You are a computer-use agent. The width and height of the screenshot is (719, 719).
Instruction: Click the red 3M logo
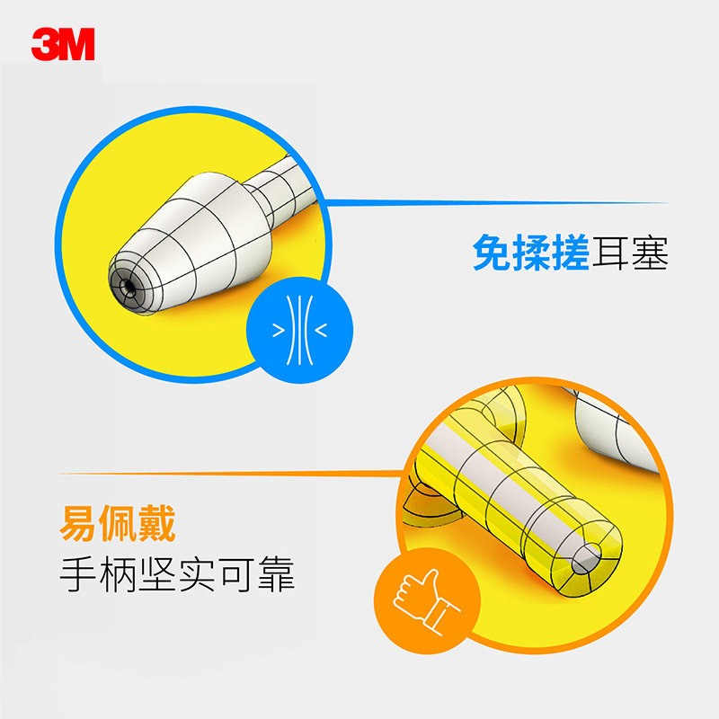(63, 43)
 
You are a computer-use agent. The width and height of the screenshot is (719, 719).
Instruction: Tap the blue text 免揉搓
(530, 253)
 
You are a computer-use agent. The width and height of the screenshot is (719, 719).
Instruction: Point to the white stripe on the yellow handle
(503, 476)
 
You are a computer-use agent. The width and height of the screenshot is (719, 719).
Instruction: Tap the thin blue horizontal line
(494, 203)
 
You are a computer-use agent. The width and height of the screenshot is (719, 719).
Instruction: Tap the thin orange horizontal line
(225, 473)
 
